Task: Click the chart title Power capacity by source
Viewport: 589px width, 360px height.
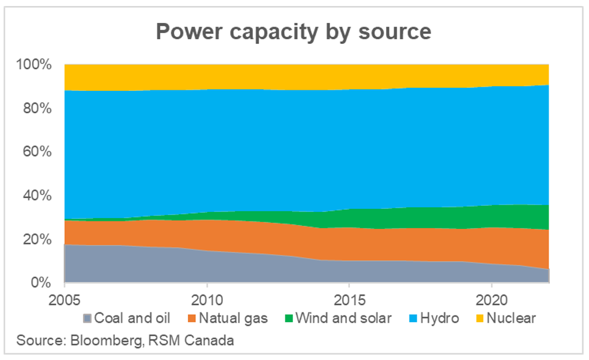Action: click(x=293, y=31)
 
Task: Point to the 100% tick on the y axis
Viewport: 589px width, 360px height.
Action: click(x=37, y=64)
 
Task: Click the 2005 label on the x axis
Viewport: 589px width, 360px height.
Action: click(x=64, y=299)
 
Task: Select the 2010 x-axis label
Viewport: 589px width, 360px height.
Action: click(x=207, y=299)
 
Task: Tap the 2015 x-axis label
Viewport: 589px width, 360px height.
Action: click(x=349, y=299)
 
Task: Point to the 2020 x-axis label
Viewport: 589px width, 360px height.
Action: click(x=491, y=299)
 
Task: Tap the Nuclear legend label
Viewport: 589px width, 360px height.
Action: click(x=511, y=318)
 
